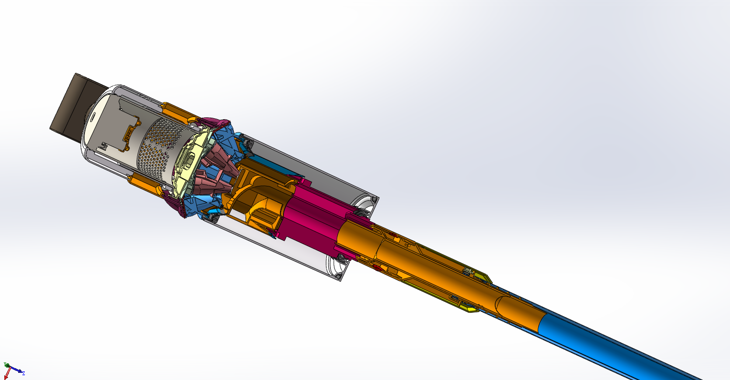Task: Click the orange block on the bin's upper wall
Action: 177,111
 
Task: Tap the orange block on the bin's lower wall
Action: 143,184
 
